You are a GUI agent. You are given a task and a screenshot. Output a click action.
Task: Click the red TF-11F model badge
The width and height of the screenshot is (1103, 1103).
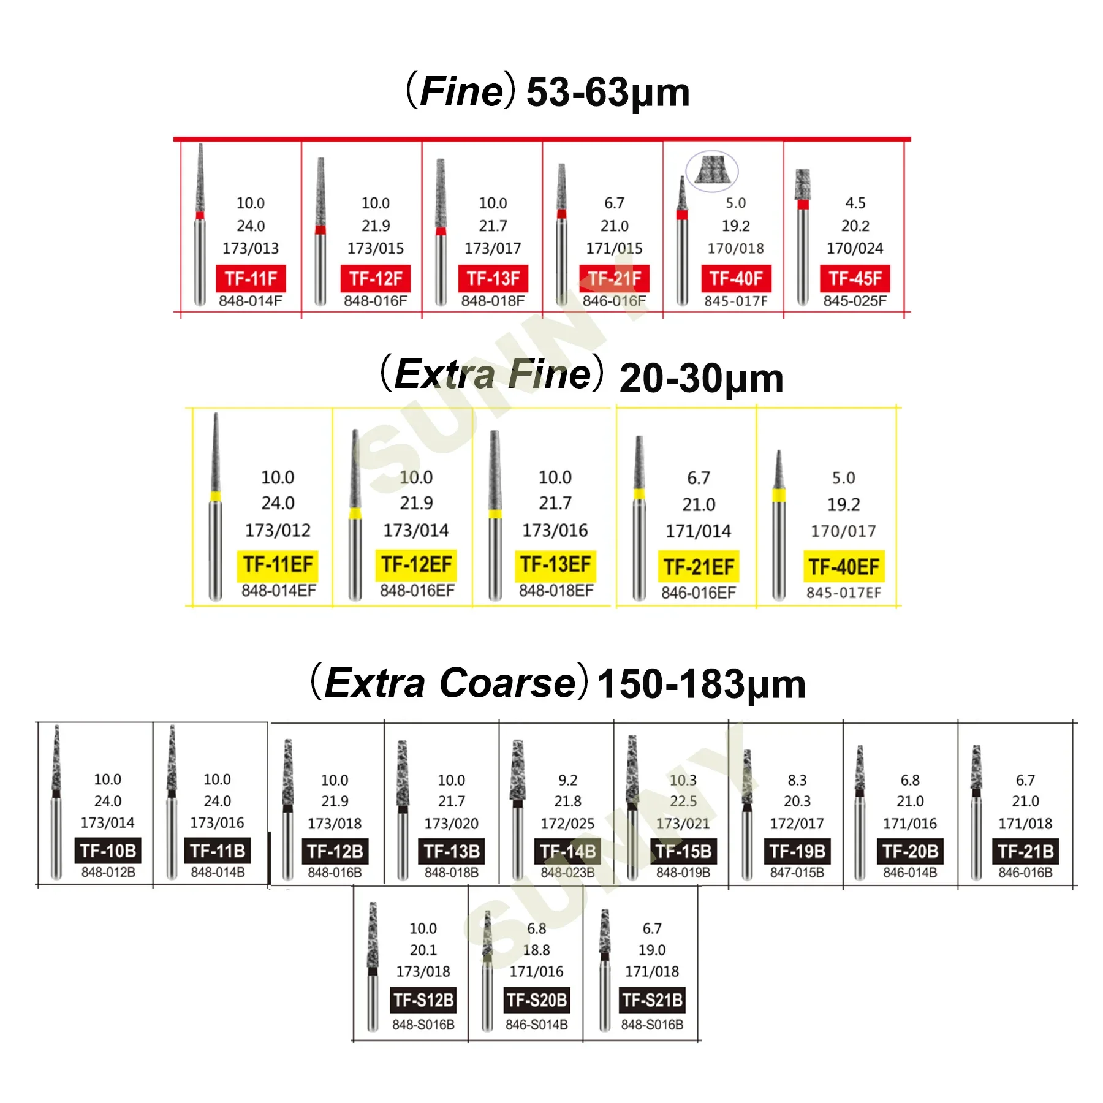pyautogui.click(x=251, y=279)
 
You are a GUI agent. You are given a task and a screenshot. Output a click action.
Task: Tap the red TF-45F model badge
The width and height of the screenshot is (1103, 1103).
pyautogui.click(x=855, y=279)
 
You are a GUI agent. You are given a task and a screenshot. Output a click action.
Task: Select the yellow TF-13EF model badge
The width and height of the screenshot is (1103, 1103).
pyautogui.click(x=555, y=564)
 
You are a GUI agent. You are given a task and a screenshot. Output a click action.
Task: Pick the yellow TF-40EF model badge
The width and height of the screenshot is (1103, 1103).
pyautogui.click(x=844, y=566)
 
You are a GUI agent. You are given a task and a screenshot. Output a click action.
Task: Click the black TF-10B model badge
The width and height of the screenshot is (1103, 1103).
pyautogui.click(x=108, y=851)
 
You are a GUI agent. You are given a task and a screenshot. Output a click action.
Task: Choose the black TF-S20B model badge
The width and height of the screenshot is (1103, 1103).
pyautogui.click(x=537, y=1000)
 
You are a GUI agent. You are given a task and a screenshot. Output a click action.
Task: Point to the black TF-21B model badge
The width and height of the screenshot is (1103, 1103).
pyautogui.click(x=1025, y=851)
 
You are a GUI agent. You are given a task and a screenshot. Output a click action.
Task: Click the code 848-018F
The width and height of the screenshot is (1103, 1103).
pyautogui.click(x=493, y=301)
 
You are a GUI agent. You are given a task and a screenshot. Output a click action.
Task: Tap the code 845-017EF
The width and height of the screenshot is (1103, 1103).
pyautogui.click(x=844, y=593)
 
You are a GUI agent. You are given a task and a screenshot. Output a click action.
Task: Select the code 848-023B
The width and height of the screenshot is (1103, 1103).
pyautogui.click(x=567, y=872)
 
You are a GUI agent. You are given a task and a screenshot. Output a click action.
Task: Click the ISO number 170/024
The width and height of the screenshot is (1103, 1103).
pyautogui.click(x=855, y=248)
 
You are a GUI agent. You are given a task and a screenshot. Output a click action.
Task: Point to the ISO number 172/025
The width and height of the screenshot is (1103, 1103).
pyautogui.click(x=567, y=824)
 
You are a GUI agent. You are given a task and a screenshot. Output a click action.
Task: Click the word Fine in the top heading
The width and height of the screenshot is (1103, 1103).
pyautogui.click(x=461, y=92)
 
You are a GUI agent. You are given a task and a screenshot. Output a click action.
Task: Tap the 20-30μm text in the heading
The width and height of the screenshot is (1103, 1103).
pyautogui.click(x=702, y=378)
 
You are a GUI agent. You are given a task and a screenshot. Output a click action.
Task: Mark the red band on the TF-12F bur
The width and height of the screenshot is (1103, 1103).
pyautogui.click(x=320, y=230)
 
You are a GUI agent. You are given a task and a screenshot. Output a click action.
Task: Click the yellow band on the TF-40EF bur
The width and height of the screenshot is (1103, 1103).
pyautogui.click(x=779, y=495)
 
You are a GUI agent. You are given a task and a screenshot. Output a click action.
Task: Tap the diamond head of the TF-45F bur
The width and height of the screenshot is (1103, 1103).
pyautogui.click(x=803, y=184)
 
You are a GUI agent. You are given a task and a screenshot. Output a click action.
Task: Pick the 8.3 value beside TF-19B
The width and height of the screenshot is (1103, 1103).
pyautogui.click(x=797, y=780)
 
